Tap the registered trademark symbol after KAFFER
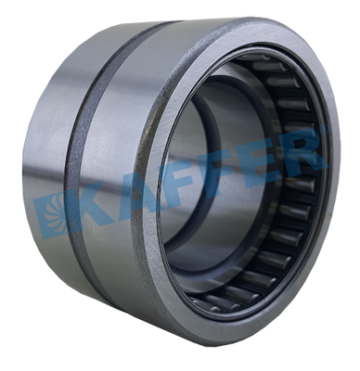click(x=324, y=130)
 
